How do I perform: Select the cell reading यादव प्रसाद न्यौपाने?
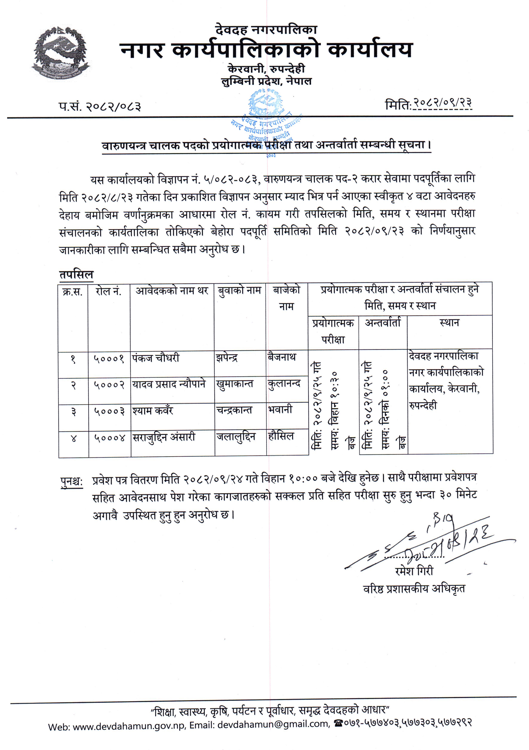coord(169,384)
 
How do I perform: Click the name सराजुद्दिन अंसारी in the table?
coord(164,437)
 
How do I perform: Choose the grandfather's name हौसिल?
coord(281,436)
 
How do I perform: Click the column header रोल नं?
coord(109,291)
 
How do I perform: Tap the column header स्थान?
coord(449,323)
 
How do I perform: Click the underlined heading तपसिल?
coord(76,275)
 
